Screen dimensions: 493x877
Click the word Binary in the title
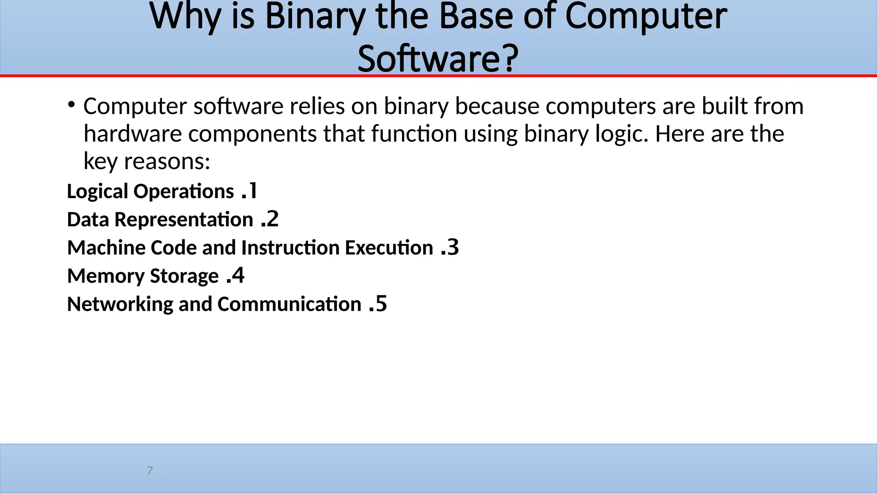click(315, 16)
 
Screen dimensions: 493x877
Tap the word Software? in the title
click(438, 59)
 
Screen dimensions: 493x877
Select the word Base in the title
click(476, 16)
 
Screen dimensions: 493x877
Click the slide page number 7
click(150, 471)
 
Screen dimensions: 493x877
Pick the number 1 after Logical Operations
click(253, 191)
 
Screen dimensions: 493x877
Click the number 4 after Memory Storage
click(238, 276)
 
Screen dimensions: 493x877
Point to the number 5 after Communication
click(381, 304)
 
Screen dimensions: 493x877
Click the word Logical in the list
click(97, 192)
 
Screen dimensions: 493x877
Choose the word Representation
click(184, 220)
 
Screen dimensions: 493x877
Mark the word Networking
click(120, 304)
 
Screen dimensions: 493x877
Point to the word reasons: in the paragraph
click(167, 162)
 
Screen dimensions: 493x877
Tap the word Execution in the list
click(389, 248)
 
